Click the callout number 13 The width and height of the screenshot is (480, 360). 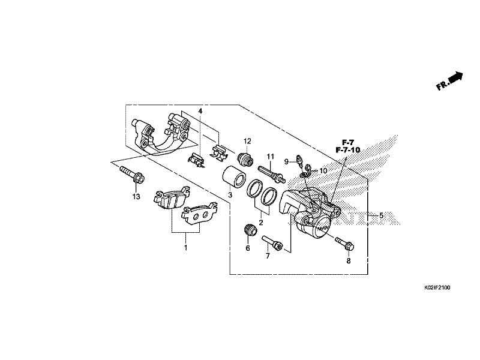tap(136, 197)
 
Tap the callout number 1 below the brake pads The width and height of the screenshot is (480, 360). tap(185, 247)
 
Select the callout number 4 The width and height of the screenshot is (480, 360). tap(200, 112)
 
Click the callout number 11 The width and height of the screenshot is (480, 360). tap(270, 158)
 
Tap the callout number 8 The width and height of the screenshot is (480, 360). tap(348, 261)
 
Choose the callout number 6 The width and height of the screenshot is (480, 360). tap(247, 248)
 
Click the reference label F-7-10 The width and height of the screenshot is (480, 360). tap(348, 149)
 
